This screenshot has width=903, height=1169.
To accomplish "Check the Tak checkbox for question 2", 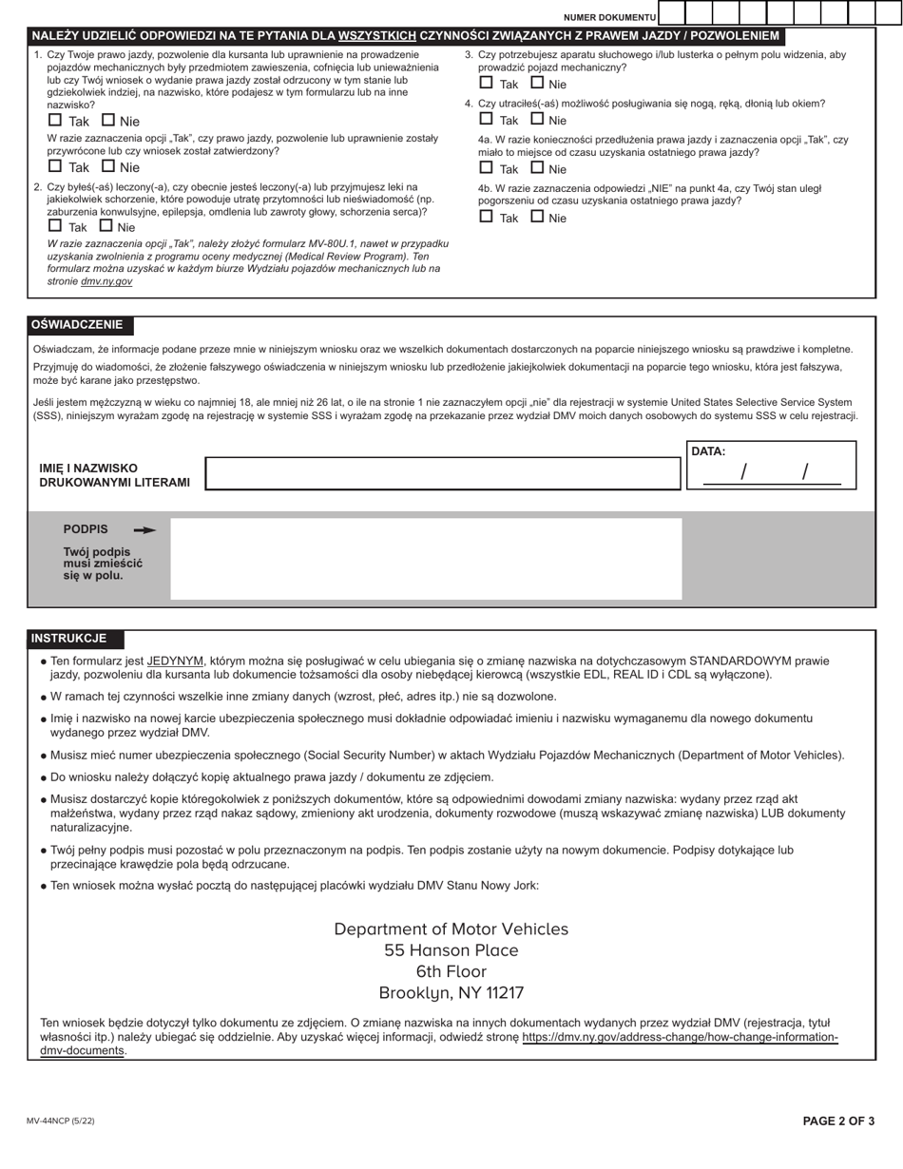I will [55, 226].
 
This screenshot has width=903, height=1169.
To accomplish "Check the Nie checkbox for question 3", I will [537, 83].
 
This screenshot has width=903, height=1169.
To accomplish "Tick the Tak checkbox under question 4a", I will [486, 168].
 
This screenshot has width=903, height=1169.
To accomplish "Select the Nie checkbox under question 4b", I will [537, 217].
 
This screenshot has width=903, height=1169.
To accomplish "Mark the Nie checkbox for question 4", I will [537, 120].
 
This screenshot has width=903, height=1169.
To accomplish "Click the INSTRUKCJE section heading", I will [68, 639].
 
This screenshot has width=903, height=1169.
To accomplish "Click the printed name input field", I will [442, 473].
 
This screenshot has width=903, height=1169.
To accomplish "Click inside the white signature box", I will [426, 558].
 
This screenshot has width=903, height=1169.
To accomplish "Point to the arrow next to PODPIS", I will [144, 530].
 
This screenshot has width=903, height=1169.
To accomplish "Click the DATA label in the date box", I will [708, 452].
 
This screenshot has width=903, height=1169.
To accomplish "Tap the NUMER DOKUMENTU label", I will [609, 18].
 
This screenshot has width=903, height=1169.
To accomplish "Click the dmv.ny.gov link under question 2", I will [106, 281].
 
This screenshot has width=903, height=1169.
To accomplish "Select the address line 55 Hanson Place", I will [451, 950].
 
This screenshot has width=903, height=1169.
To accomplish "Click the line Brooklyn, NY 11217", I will [451, 993].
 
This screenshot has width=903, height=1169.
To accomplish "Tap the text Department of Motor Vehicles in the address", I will [451, 929].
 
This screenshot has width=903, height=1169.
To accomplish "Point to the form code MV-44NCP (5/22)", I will [61, 1121].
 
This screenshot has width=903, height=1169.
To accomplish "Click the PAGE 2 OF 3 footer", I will [838, 1121].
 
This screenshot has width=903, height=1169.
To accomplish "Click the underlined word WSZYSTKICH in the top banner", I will [377, 36].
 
